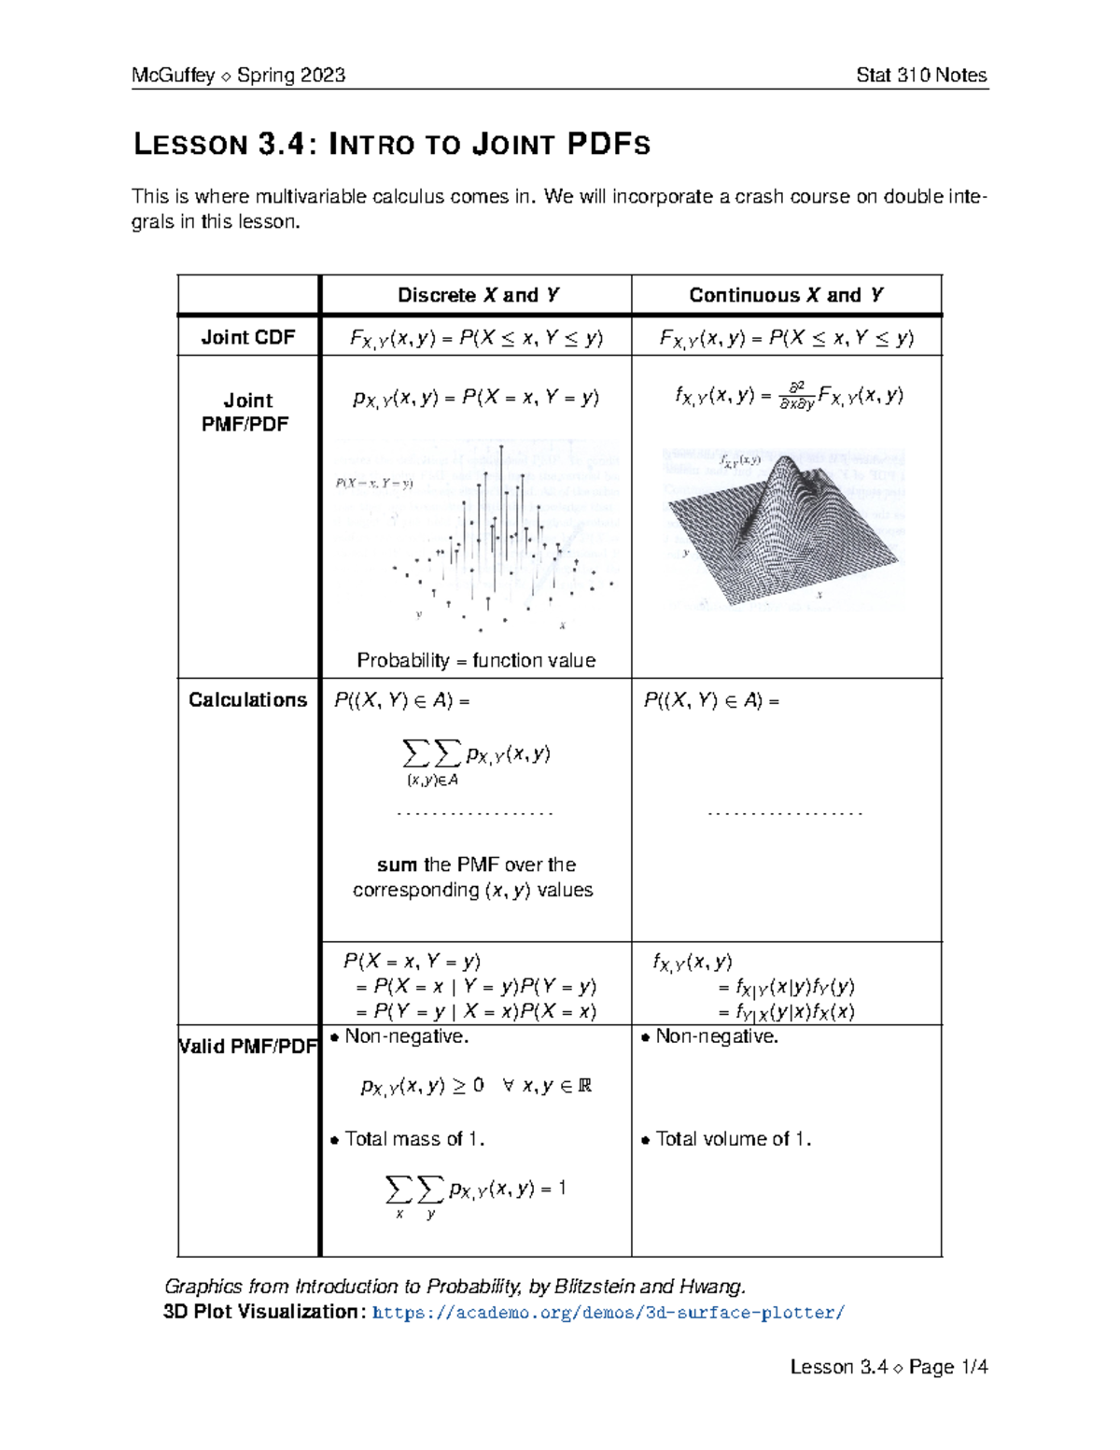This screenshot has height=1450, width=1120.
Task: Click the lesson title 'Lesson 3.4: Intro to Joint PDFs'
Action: (x=391, y=145)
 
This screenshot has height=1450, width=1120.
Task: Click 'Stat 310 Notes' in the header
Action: (x=920, y=76)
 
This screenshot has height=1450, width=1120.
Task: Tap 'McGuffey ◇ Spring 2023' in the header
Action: (x=238, y=76)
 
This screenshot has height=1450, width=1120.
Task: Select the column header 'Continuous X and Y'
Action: (x=786, y=295)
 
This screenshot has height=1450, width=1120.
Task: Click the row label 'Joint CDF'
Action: (x=248, y=337)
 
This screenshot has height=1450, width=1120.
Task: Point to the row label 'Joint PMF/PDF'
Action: (x=247, y=412)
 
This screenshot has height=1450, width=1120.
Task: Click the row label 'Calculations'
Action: (x=247, y=700)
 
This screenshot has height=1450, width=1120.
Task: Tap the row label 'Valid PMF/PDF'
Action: (x=248, y=1047)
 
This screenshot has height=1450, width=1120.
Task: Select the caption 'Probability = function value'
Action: (x=476, y=660)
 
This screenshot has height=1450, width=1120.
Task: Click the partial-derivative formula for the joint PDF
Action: (x=789, y=397)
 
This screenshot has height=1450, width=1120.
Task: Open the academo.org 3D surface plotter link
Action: (x=608, y=1313)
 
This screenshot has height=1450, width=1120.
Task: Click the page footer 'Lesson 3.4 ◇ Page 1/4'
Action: (x=889, y=1367)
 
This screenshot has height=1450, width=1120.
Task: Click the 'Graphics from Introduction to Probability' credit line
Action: (x=455, y=1287)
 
